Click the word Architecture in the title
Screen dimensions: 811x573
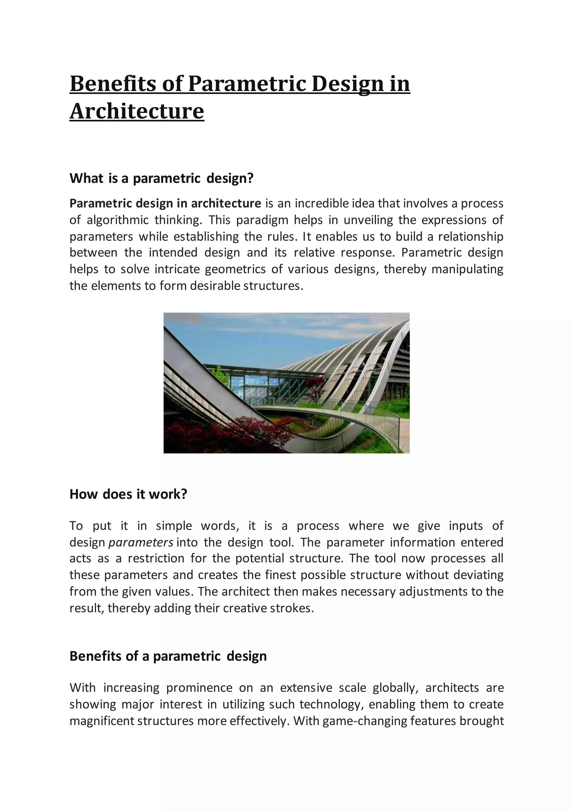click(x=137, y=111)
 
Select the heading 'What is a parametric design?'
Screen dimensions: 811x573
click(x=162, y=178)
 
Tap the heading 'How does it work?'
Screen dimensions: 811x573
click(x=128, y=494)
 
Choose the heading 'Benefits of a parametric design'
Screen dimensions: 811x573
click(x=168, y=656)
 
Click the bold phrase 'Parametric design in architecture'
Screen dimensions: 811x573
click(x=165, y=204)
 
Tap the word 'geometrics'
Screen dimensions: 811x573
click(x=235, y=269)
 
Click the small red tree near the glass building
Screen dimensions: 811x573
click(x=315, y=386)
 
